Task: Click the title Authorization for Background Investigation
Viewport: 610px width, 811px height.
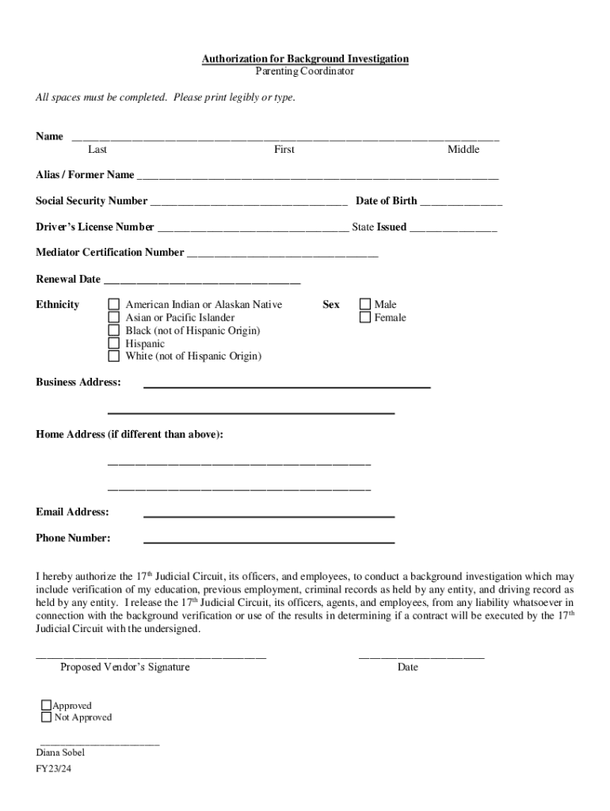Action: (x=305, y=59)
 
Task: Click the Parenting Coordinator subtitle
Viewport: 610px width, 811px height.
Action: (x=305, y=71)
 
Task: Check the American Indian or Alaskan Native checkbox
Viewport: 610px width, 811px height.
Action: (x=114, y=304)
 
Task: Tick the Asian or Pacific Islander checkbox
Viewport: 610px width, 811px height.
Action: (x=114, y=318)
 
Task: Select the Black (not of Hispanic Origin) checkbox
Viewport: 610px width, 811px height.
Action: (x=114, y=330)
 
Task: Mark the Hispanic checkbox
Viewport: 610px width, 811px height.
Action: (x=114, y=343)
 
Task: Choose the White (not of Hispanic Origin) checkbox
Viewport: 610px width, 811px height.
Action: (x=114, y=356)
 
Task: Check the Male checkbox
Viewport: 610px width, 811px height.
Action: (x=365, y=304)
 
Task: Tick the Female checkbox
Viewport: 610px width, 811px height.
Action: (x=365, y=318)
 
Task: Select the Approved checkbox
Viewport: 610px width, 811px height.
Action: (x=46, y=705)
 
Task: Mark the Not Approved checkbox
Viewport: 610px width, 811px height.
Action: (x=46, y=718)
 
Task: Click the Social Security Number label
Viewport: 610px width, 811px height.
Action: (x=91, y=201)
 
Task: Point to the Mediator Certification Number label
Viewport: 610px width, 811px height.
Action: (x=109, y=253)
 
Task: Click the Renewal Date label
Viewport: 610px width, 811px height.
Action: (x=68, y=279)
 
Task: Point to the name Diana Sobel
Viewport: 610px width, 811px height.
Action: (x=60, y=752)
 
